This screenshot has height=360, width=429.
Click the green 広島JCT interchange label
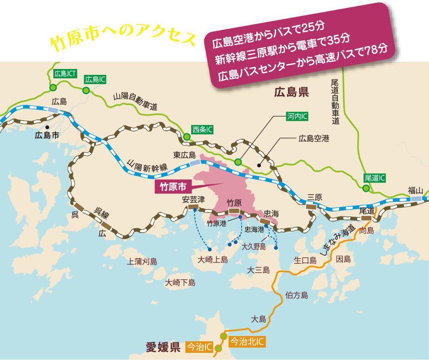pyautogui.click(x=65, y=73)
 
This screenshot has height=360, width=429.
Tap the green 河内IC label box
pyautogui.click(x=297, y=116)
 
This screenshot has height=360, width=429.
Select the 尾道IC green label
pyautogui.click(x=374, y=178)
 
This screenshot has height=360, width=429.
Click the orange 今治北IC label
pyautogui.click(x=247, y=342)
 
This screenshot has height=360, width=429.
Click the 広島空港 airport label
pyautogui.click(x=313, y=138)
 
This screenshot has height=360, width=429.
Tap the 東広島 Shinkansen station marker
pyautogui.click(x=195, y=163)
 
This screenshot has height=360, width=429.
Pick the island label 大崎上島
pyautogui.click(x=213, y=260)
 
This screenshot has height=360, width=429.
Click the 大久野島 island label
pyautogui.click(x=254, y=246)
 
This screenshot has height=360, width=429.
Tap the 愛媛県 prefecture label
pyautogui.click(x=163, y=347)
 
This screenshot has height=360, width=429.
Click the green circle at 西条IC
pyautogui.click(x=187, y=136)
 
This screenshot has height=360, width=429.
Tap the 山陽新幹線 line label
pyautogui.click(x=147, y=166)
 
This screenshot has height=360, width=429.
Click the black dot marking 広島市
pyautogui.click(x=47, y=127)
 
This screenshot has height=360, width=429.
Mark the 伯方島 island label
pyautogui.click(x=297, y=295)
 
